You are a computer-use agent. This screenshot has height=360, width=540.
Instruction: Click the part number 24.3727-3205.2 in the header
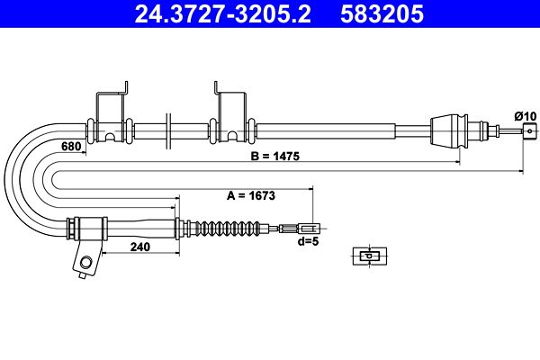click(222, 13)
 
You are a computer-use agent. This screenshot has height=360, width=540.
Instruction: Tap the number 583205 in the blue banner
click(382, 13)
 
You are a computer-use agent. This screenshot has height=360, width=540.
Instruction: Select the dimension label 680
click(71, 146)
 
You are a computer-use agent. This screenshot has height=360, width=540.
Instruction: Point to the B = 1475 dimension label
click(275, 156)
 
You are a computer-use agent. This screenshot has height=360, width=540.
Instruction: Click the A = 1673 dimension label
click(251, 195)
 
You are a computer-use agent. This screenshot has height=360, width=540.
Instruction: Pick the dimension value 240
click(140, 247)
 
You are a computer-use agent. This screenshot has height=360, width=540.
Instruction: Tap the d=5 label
click(308, 241)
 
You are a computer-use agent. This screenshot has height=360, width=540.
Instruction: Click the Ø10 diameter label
click(526, 116)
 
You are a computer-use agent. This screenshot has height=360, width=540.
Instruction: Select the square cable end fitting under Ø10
click(530, 130)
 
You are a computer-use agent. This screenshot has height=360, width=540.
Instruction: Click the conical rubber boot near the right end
click(449, 130)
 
